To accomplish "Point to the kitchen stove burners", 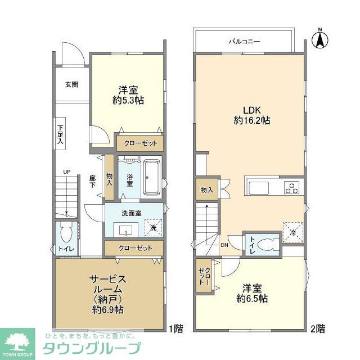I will [291, 187].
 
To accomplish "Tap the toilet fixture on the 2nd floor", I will [268, 245].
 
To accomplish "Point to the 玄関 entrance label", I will [71, 84].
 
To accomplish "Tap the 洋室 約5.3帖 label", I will [128, 94].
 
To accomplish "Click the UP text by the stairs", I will [66, 172].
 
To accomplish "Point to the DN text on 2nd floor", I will [224, 245].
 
